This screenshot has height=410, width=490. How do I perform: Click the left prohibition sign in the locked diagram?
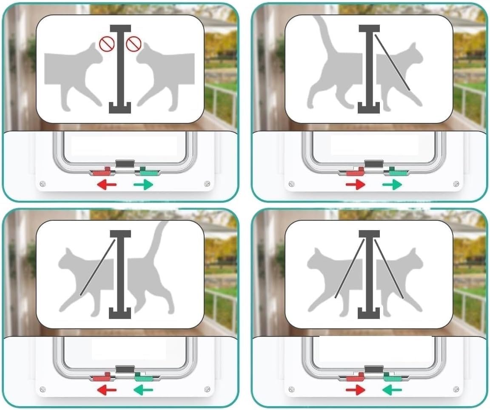click(106, 43)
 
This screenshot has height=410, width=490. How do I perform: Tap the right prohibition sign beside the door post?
click(134, 43)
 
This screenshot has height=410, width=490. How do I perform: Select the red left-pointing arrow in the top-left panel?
click(106, 185)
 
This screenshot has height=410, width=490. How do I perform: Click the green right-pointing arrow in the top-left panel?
click(143, 185)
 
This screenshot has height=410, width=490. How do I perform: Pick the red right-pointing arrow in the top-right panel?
click(355, 185)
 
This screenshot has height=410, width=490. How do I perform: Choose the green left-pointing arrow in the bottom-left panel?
click(143, 390)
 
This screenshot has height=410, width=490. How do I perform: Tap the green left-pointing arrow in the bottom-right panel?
click(392, 390)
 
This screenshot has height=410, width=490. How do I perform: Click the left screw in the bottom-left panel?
click(43, 389)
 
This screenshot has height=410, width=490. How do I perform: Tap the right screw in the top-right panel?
click(456, 184)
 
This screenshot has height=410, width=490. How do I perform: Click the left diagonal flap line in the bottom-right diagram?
click(350, 268)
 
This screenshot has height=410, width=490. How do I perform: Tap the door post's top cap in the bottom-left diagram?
click(120, 234)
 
